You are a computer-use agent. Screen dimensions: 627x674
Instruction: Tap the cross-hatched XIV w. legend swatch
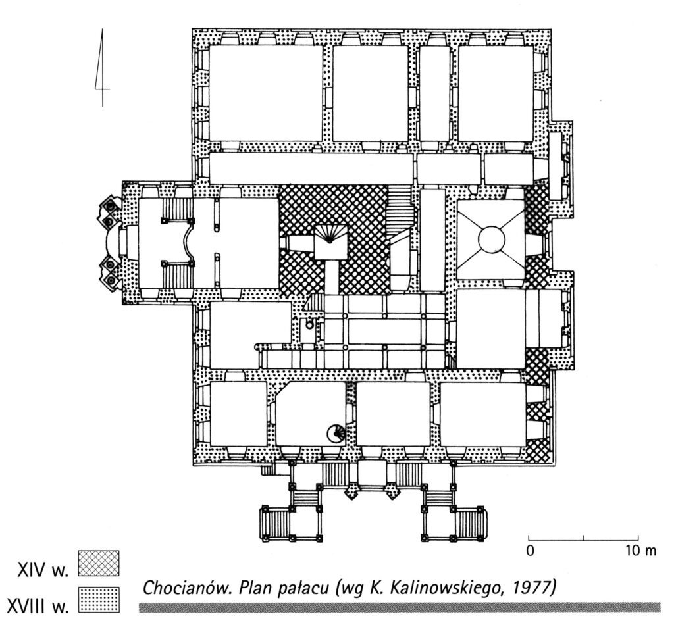tap(98, 563)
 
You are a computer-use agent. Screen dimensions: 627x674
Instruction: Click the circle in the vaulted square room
tap(490, 239)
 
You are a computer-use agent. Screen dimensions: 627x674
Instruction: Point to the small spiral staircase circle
tap(336, 433)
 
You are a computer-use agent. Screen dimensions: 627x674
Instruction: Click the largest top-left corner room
tap(265, 93)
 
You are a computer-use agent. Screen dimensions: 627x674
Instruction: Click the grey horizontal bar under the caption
tap(400, 607)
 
